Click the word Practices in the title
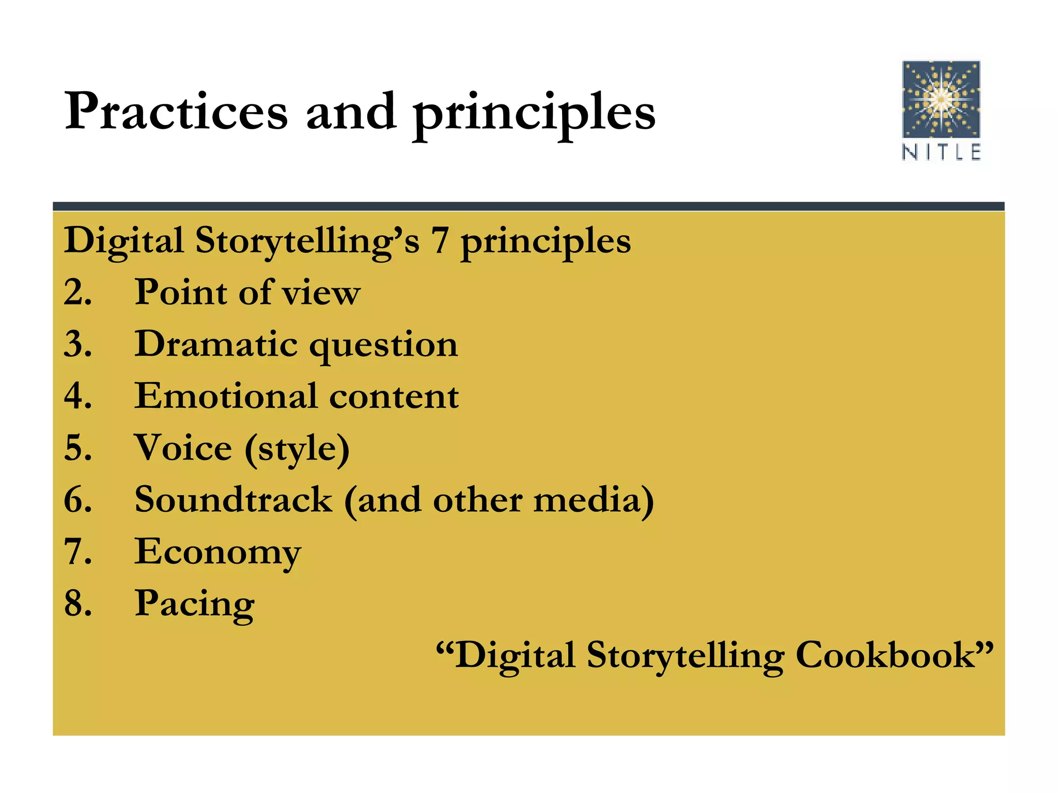coord(176,112)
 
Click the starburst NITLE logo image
coord(941,99)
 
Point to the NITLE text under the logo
coord(941,152)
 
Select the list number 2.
coord(77,293)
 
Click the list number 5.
coord(77,448)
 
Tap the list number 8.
coord(77,603)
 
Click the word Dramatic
coord(216,344)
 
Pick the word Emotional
coord(225,396)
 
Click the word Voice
coord(183,448)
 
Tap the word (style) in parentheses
coord(297,450)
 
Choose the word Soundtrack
coord(234,500)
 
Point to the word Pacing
coord(194,605)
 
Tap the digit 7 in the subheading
coord(440,241)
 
